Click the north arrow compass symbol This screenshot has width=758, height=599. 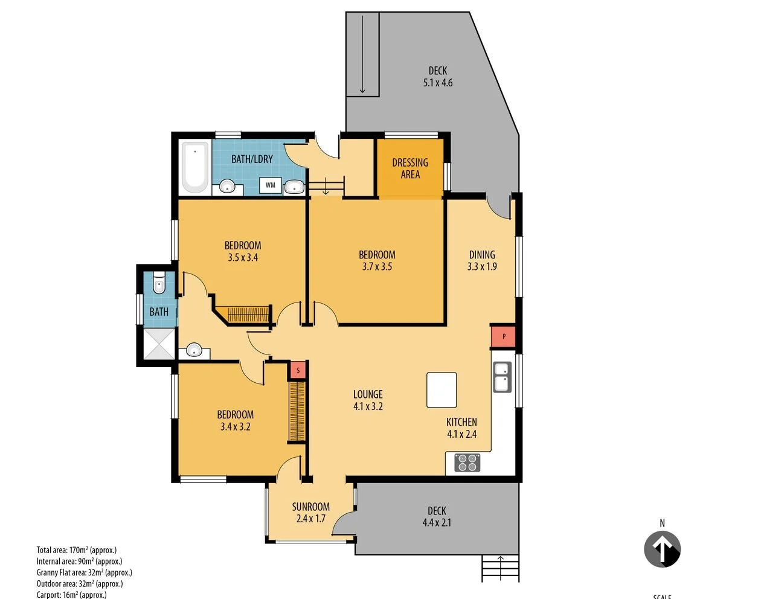tap(662, 549)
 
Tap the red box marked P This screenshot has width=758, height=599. tap(503, 336)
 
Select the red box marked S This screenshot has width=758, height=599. tap(298, 370)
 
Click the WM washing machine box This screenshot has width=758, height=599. tap(270, 185)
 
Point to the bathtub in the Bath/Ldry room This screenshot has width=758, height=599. tap(194, 167)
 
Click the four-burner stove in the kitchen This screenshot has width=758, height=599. tap(467, 463)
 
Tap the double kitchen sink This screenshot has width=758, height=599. tap(502, 377)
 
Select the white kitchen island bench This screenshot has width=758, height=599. tap(442, 390)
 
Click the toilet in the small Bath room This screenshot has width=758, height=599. tap(159, 284)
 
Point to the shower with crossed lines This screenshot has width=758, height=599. tap(159, 344)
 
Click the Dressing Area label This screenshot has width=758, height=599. tap(410, 168)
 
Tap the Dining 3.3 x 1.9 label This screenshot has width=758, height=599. tap(482, 260)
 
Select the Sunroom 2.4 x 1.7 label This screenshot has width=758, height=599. tap(311, 513)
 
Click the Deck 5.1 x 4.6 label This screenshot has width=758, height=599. tap(438, 77)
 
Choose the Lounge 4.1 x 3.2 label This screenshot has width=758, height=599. tap(368, 400)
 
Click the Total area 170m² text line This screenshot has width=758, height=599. tap(77, 550)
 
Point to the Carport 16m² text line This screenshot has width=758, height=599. tap(71, 595)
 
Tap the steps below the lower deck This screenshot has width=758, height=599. tap(500, 568)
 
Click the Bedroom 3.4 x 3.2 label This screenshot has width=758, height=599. tap(235, 420)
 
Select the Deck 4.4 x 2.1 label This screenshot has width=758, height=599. tap(437, 517)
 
